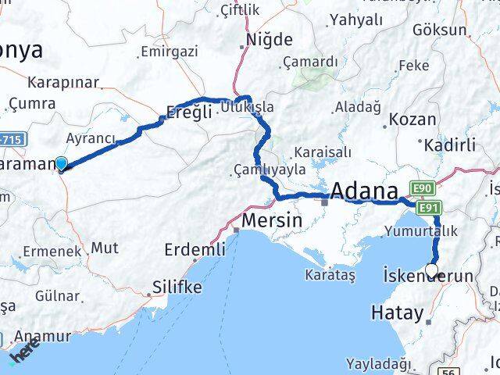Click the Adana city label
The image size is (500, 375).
364,191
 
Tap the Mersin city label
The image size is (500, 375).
272,221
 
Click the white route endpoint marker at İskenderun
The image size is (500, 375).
432,272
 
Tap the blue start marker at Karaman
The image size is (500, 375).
62,164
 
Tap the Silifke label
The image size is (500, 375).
176,287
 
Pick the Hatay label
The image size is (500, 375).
398,313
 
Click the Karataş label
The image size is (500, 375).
330,276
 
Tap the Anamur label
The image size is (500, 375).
47,337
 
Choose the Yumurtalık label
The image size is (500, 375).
420,230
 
